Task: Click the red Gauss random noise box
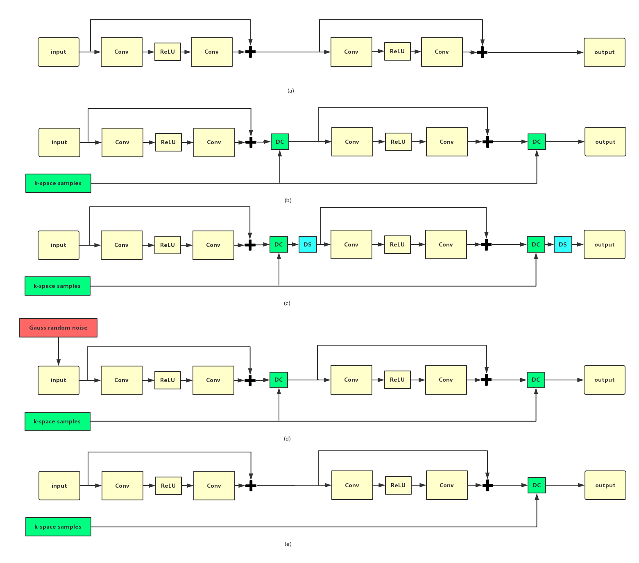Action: [58, 328]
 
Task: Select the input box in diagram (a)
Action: [59, 52]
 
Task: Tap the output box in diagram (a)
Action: [604, 52]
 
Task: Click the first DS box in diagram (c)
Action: [308, 244]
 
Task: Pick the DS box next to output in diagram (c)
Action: [563, 244]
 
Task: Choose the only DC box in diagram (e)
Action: [537, 485]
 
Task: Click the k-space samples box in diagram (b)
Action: [58, 183]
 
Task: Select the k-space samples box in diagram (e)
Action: [58, 527]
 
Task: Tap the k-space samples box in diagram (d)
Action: [57, 421]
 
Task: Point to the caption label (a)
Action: [291, 91]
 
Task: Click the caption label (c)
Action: [287, 303]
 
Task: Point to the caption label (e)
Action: [288, 544]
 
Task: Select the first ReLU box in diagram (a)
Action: [168, 52]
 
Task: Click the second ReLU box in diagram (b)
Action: [398, 142]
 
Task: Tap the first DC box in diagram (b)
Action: [280, 142]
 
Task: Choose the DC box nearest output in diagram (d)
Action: [536, 380]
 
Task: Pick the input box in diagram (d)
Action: [59, 380]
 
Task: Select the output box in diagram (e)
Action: [605, 485]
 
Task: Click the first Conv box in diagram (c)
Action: [122, 245]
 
